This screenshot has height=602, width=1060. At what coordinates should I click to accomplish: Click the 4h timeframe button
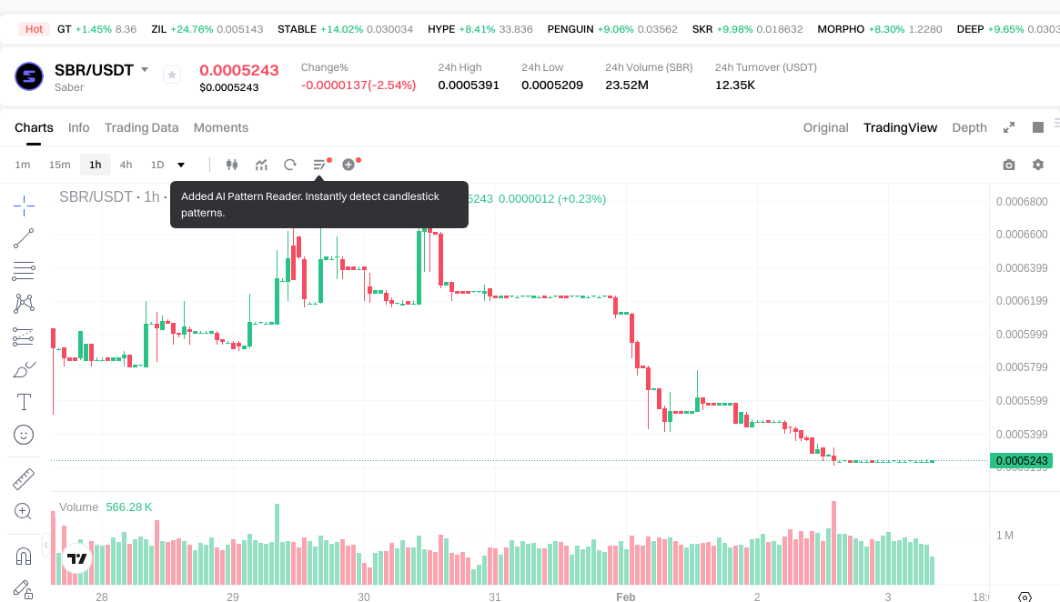pyautogui.click(x=126, y=165)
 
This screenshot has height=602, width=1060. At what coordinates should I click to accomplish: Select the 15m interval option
pyautogui.click(x=59, y=165)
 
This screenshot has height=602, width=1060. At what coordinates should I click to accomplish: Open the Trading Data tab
pyautogui.click(x=141, y=127)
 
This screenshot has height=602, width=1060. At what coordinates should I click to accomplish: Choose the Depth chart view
pyautogui.click(x=969, y=127)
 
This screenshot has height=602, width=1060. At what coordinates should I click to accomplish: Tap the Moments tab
pyautogui.click(x=221, y=127)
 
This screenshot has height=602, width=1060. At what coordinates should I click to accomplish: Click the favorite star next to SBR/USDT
pyautogui.click(x=172, y=75)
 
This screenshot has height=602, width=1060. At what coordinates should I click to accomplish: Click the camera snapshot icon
pyautogui.click(x=1008, y=165)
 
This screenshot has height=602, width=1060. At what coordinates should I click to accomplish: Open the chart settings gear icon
pyautogui.click(x=1037, y=165)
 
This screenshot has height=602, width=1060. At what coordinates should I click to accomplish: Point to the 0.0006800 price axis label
pyautogui.click(x=1022, y=201)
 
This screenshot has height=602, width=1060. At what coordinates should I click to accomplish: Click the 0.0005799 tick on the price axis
pyautogui.click(x=1022, y=367)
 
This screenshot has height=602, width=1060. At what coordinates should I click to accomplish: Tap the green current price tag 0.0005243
pyautogui.click(x=1022, y=461)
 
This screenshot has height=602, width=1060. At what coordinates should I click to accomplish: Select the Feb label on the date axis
pyautogui.click(x=625, y=597)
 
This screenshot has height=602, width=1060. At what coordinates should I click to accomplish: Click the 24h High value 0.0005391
pyautogui.click(x=469, y=85)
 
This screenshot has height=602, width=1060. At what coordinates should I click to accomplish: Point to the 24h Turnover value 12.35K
pyautogui.click(x=735, y=85)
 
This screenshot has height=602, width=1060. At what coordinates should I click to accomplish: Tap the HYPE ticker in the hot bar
pyautogui.click(x=441, y=29)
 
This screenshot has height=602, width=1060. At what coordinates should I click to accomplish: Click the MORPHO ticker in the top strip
pyautogui.click(x=841, y=29)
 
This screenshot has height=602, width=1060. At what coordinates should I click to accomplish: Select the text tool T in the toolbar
pyautogui.click(x=24, y=402)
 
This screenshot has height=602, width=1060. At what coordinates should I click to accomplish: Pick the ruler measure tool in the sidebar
pyautogui.click(x=24, y=478)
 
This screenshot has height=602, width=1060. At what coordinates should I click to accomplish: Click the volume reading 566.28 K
pyautogui.click(x=129, y=507)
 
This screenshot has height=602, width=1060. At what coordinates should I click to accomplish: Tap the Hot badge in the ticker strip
pyautogui.click(x=35, y=29)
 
